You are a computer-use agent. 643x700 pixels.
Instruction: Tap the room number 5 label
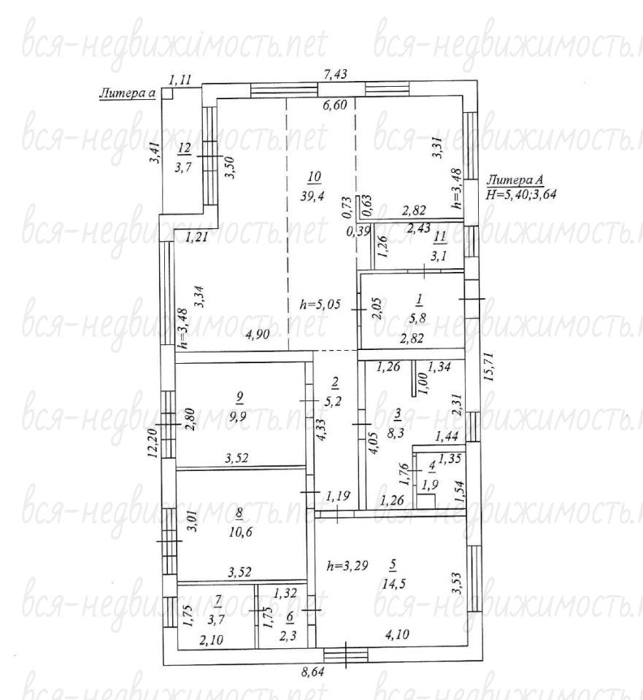(393, 565)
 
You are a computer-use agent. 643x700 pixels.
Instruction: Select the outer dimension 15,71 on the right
(490, 365)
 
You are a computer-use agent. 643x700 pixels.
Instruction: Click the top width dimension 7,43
(335, 74)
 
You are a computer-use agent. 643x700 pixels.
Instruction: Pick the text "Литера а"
(127, 93)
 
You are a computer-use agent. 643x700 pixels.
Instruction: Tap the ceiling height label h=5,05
(320, 305)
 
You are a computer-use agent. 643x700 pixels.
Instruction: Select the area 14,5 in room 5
(393, 584)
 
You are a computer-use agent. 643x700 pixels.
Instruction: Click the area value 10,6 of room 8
(240, 532)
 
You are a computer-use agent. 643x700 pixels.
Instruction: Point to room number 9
(240, 395)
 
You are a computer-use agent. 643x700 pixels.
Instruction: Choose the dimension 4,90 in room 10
(257, 334)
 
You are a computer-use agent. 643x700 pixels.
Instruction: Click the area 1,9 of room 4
(431, 486)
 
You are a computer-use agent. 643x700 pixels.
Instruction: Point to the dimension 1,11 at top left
(180, 80)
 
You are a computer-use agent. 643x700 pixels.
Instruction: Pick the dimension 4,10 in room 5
(397, 634)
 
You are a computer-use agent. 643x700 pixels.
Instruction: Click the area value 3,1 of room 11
(439, 256)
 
